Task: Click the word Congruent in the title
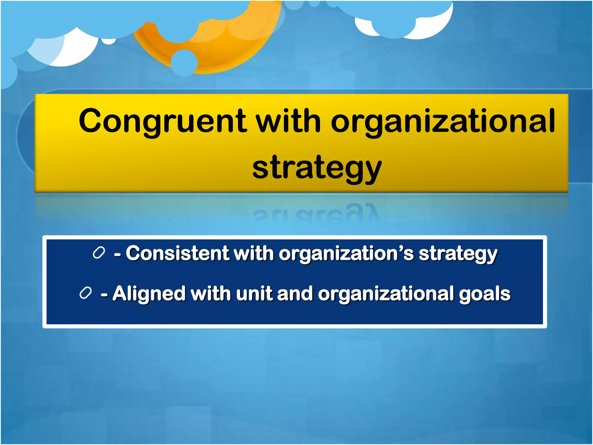click(x=162, y=121)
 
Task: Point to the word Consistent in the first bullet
click(x=177, y=253)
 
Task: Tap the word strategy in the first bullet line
click(x=458, y=254)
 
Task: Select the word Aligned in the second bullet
click(x=149, y=294)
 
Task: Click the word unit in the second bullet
click(x=254, y=294)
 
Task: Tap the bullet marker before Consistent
click(x=99, y=253)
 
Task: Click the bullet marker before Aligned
click(x=86, y=293)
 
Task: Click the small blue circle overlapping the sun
click(x=184, y=63)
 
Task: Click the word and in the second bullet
click(x=295, y=294)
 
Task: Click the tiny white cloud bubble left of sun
click(x=109, y=41)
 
